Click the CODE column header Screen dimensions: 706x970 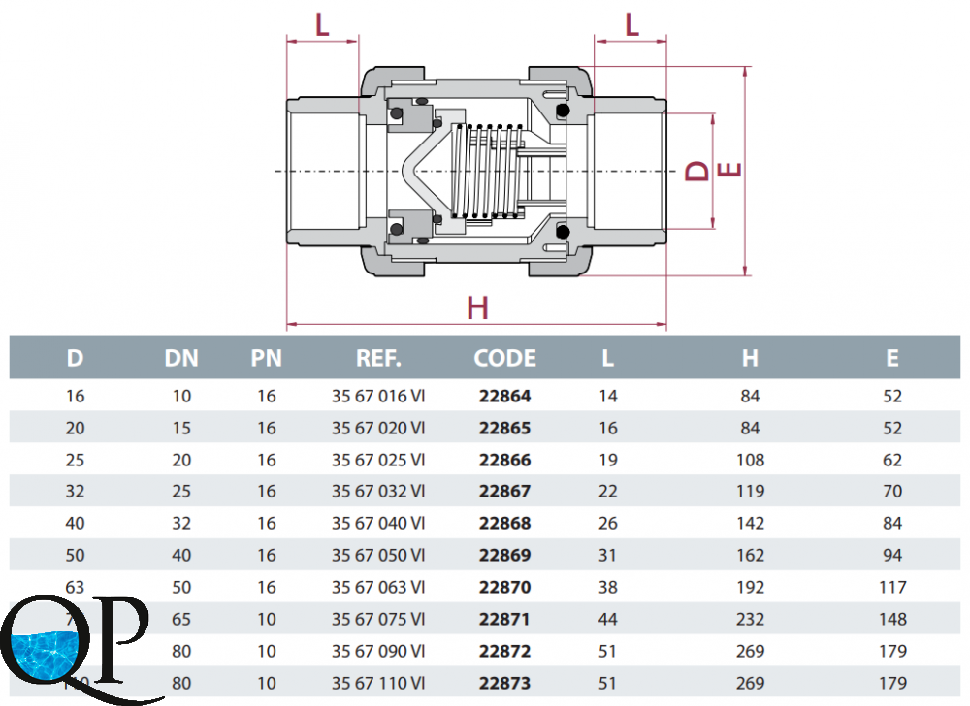pos(504,358)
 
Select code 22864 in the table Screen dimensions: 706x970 pos(504,396)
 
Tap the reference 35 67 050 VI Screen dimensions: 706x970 pos(378,555)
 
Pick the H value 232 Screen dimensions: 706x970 pos(750,619)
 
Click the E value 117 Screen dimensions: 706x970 pos(892,587)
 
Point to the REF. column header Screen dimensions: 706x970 pos(378,358)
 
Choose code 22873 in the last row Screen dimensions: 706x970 pos(504,683)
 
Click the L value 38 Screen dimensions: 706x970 pos(607,587)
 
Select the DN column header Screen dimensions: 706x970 pos(181,358)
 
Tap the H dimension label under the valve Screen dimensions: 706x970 pos(477,308)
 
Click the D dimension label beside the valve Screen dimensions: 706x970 pos(697,171)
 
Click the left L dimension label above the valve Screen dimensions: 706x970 pos(323,24)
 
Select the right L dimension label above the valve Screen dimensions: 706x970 pos(631,24)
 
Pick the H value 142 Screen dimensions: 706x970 pos(750,523)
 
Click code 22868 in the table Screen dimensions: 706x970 pos(504,523)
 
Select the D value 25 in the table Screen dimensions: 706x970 pos(75,460)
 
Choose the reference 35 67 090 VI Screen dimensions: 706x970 pos(378,651)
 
